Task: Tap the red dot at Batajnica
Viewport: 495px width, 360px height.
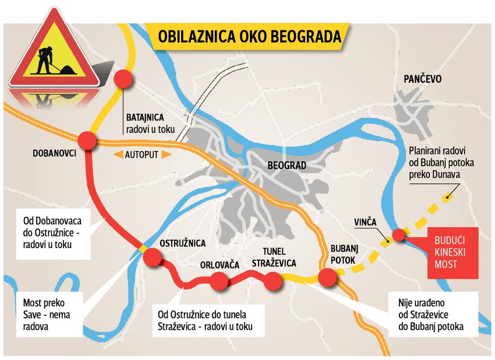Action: (123, 79)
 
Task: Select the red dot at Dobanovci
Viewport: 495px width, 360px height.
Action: (87, 140)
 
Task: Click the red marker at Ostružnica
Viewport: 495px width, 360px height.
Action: (151, 256)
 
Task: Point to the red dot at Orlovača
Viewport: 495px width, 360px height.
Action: (219, 281)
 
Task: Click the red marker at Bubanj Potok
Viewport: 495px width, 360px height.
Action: (327, 278)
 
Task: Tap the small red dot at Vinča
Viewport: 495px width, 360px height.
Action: (398, 235)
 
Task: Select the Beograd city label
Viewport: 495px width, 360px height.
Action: (287, 165)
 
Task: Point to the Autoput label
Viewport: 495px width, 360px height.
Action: (142, 154)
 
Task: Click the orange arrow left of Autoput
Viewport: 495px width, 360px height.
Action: (116, 154)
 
